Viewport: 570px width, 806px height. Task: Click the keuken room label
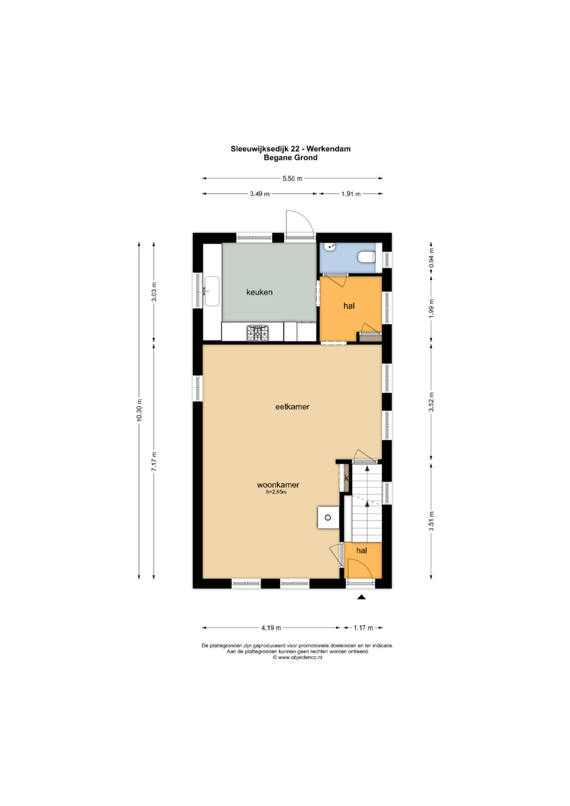point(259,292)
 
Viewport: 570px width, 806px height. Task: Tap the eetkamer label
point(292,406)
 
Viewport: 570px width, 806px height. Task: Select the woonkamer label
point(278,485)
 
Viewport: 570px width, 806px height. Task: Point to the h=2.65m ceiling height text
point(276,492)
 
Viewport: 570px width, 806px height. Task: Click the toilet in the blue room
point(367,257)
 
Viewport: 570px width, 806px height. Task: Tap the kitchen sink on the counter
point(212,291)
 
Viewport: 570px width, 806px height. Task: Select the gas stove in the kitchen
point(258,333)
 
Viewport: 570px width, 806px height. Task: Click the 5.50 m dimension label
point(292,178)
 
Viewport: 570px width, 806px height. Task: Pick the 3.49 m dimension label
point(260,194)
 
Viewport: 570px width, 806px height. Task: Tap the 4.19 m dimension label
point(271,628)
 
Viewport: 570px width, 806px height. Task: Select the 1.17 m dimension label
point(363,628)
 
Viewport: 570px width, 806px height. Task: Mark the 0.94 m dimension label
point(432,258)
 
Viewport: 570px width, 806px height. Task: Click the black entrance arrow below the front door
point(362,597)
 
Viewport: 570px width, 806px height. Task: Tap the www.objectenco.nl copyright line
point(297,657)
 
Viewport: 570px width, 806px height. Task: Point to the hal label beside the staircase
point(362,551)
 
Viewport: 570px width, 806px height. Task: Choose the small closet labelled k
point(346,478)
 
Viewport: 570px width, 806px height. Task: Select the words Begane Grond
point(290,158)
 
